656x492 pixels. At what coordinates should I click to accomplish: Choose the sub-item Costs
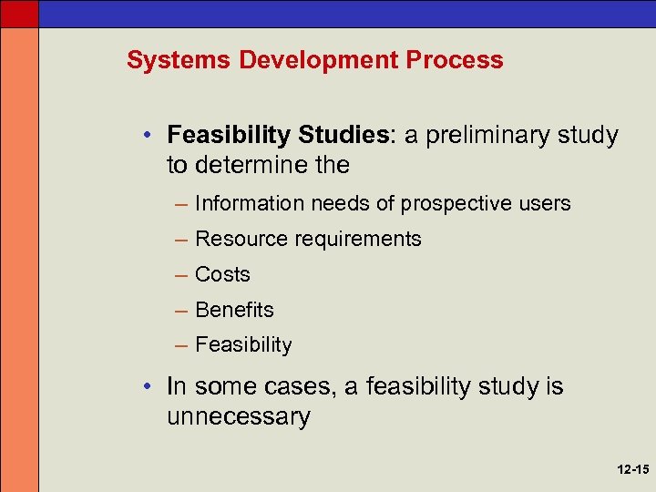click(222, 274)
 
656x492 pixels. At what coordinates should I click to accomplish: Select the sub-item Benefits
click(234, 310)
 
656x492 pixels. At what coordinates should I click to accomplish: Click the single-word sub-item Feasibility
click(243, 345)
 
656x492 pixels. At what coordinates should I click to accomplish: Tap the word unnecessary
click(238, 417)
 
